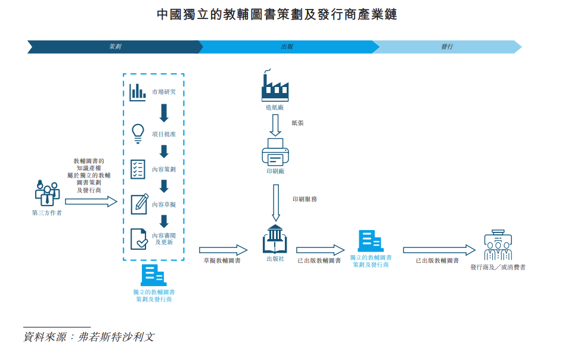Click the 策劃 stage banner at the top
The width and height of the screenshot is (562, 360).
(x=113, y=46)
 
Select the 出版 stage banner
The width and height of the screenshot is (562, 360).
(x=287, y=46)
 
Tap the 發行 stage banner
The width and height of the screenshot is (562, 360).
(x=447, y=46)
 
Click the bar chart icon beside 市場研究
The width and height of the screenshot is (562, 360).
(x=138, y=91)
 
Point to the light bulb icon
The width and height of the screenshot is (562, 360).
(x=138, y=132)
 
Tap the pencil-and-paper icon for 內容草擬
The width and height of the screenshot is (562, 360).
(x=139, y=204)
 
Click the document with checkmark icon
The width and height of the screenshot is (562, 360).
(x=139, y=238)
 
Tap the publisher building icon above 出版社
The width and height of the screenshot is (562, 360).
(x=275, y=239)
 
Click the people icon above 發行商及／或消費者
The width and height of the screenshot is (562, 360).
(x=498, y=245)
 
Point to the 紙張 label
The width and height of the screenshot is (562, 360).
(x=297, y=122)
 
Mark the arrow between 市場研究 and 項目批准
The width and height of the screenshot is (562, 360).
(x=164, y=113)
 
